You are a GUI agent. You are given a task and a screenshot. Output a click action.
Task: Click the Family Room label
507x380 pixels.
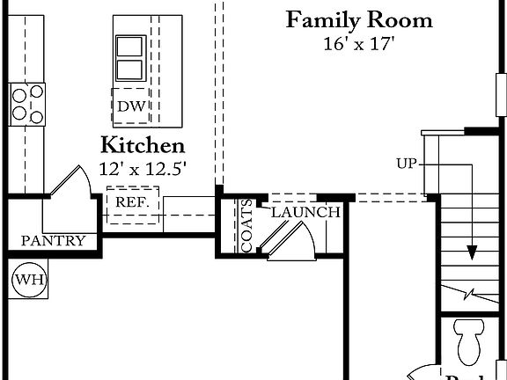point(359,19)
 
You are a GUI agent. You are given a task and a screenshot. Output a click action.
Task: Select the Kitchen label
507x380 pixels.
point(142,145)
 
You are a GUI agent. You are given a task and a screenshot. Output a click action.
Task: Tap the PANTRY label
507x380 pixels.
point(53,240)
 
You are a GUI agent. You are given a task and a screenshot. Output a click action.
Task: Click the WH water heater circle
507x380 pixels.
point(28,281)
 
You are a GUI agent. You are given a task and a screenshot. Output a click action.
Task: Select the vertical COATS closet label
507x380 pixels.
point(247,225)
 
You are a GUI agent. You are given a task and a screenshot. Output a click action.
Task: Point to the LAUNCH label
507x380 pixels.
point(305,213)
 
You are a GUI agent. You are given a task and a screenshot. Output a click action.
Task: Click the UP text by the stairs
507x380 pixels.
point(407,164)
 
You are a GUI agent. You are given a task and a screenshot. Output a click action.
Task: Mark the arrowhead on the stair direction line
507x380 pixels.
point(473,253)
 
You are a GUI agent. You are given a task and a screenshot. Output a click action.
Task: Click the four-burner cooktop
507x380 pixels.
point(26,105)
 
